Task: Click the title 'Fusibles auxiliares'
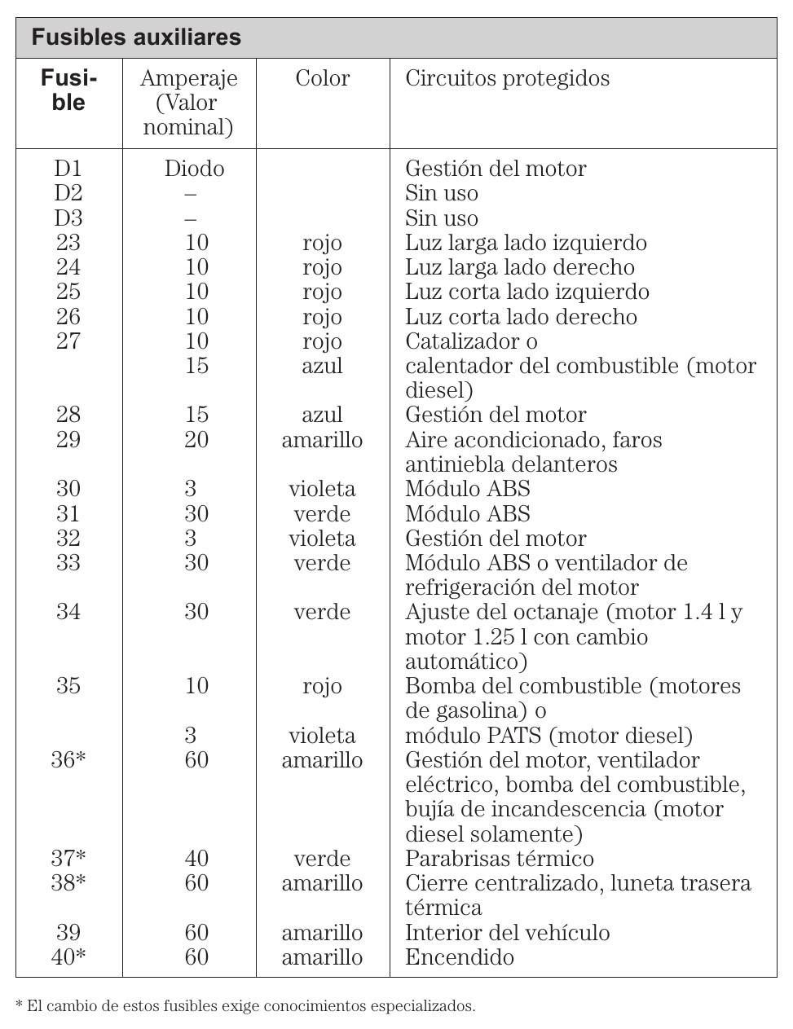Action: (136, 37)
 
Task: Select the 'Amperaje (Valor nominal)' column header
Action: (188, 103)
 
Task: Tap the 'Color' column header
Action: (322, 78)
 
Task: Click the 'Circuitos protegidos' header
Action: (507, 78)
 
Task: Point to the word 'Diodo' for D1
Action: (194, 169)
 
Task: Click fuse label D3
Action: (68, 218)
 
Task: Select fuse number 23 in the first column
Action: (68, 243)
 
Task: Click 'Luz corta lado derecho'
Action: (521, 317)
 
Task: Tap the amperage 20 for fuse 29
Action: (196, 440)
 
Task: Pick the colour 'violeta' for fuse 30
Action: (322, 489)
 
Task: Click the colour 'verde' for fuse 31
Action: (322, 514)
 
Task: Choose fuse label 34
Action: (68, 612)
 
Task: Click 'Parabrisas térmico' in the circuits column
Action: (499, 859)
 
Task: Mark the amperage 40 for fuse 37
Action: (196, 859)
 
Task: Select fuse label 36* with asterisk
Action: (68, 760)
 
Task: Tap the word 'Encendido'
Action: (459, 957)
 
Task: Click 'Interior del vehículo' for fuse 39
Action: (507, 933)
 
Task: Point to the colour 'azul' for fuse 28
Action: (322, 415)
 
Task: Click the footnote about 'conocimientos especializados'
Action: (245, 1006)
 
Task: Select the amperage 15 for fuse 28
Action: (196, 415)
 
